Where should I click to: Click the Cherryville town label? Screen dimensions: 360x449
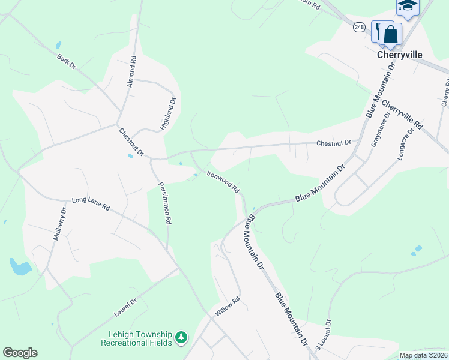tap(399, 55)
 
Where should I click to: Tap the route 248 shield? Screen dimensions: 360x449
tap(359, 27)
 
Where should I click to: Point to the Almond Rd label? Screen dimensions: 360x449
tap(132, 72)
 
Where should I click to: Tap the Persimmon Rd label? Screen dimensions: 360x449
tap(164, 203)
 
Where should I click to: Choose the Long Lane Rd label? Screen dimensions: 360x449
tap(91, 204)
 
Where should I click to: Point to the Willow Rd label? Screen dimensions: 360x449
tap(229, 307)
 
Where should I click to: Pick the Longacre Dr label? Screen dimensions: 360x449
tap(406, 143)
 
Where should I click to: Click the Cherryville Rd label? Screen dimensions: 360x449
tap(402, 115)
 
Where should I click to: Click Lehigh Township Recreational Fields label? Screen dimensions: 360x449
tap(137, 338)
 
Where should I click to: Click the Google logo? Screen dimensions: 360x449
tap(20, 353)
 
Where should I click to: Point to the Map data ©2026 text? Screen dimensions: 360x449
tap(424, 355)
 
